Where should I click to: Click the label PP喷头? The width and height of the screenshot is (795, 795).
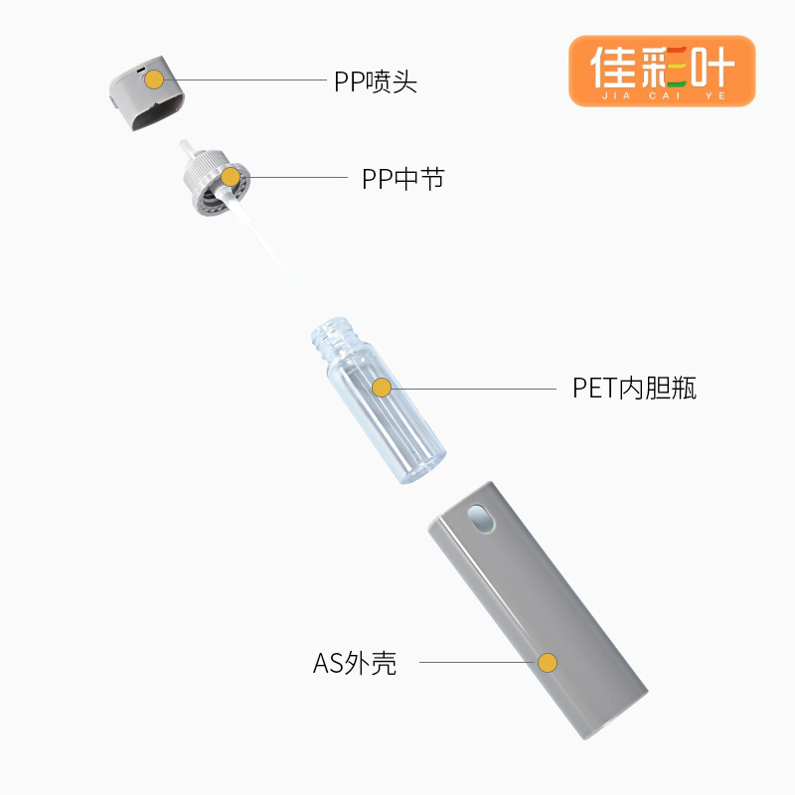[x=375, y=81]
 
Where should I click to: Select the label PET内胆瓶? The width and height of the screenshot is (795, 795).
[x=634, y=388]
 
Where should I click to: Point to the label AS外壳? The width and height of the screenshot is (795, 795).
[x=355, y=663]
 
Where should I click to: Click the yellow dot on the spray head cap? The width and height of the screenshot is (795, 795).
[x=154, y=80]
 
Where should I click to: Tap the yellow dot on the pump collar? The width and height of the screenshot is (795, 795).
[x=231, y=179]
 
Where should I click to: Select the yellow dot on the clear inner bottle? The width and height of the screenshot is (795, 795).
[x=382, y=388]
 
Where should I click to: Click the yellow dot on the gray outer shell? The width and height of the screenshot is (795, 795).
[x=547, y=663]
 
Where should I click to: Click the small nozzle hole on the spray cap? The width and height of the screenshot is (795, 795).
[x=141, y=70]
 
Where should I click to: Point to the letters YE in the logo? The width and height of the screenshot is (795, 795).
[x=716, y=95]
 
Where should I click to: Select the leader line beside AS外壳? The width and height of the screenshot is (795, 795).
[x=477, y=663]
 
